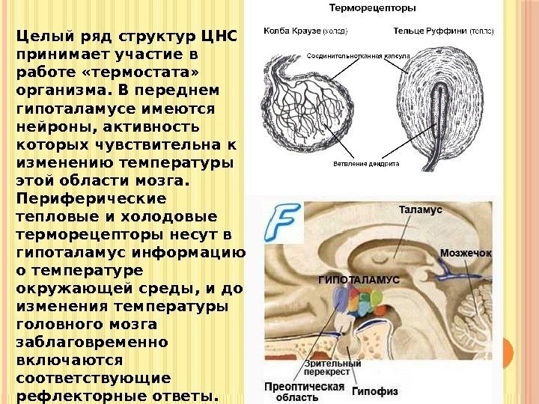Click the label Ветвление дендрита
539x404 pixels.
366,163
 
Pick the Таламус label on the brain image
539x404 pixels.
420,210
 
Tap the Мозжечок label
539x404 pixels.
466,254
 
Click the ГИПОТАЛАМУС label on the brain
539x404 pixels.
359,278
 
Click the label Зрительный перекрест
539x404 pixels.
332,368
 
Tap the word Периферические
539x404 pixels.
91,199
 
